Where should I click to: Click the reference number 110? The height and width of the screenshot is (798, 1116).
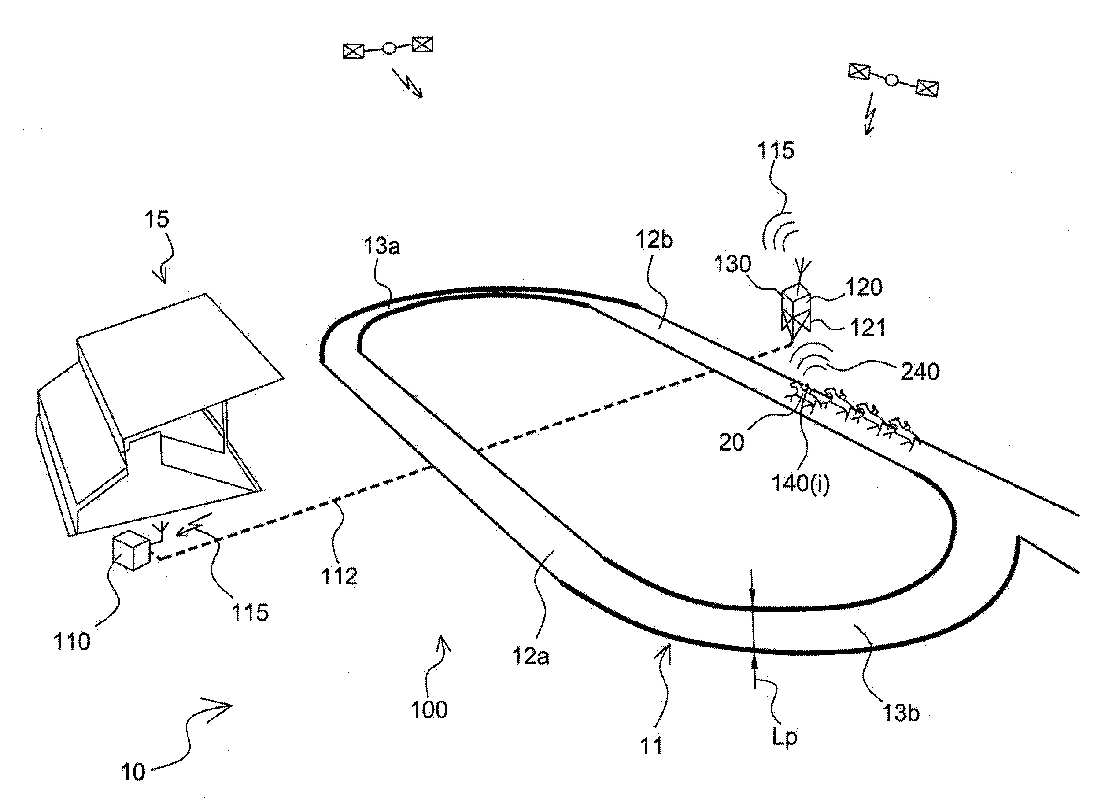tap(72, 642)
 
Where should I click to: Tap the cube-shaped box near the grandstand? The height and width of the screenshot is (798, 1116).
tap(131, 552)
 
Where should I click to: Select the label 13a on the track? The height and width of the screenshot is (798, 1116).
tap(382, 246)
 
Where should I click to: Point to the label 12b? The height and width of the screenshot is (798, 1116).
tap(654, 240)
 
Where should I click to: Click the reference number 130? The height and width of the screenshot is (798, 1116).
tap(733, 264)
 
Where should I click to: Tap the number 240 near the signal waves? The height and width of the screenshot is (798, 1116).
tap(920, 372)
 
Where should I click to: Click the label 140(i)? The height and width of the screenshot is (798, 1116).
tap(801, 484)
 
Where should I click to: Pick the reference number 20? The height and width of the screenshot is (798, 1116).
tap(731, 443)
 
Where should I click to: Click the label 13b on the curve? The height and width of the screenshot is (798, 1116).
tap(901, 713)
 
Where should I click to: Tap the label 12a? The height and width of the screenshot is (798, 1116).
tap(531, 656)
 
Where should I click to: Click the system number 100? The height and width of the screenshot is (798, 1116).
tap(429, 709)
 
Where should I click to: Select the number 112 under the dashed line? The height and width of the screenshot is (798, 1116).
tap(339, 576)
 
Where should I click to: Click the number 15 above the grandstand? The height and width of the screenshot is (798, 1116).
tap(156, 219)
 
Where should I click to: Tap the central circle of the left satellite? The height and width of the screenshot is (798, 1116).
tap(389, 48)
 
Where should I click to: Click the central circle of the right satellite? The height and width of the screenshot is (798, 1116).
tap(892, 80)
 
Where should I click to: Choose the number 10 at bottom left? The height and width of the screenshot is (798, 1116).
tap(133, 772)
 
